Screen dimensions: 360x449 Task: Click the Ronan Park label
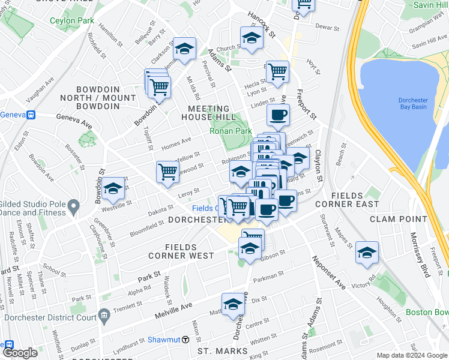(230, 131)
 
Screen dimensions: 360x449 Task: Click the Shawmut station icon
(186, 340)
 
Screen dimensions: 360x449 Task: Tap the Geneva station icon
(29, 115)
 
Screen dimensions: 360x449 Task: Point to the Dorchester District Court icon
(104, 314)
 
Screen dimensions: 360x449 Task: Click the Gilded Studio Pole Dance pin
(73, 208)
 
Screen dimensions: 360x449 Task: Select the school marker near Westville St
(113, 189)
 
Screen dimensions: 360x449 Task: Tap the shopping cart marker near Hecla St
(277, 72)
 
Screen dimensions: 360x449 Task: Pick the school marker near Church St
(252, 38)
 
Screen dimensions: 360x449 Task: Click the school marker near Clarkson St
(184, 49)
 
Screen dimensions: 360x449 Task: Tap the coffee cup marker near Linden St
(277, 116)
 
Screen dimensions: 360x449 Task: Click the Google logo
(20, 353)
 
